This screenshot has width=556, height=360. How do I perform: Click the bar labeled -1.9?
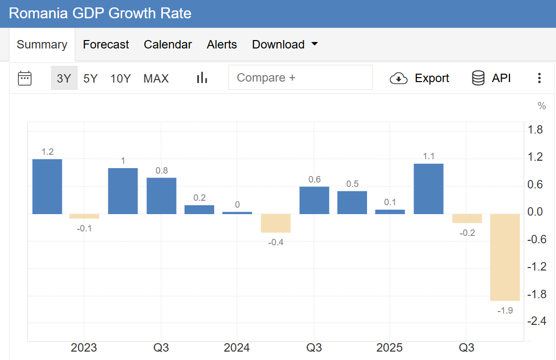tap(505, 257)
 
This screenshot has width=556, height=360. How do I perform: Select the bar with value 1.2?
tap(47, 186)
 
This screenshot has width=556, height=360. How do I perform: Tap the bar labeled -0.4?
tap(276, 223)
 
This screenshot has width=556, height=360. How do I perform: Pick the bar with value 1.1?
tap(428, 189)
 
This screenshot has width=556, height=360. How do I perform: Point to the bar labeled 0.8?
tap(161, 196)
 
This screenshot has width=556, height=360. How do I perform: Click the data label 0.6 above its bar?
tap(315, 180)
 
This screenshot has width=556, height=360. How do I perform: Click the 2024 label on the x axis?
tap(237, 347)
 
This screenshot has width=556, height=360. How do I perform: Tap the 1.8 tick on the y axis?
tap(536, 130)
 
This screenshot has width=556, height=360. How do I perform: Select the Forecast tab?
tap(106, 45)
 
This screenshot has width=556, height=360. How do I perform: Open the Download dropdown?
tap(284, 45)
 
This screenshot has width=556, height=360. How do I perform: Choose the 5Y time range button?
tap(91, 78)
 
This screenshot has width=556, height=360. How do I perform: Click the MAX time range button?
tap(156, 78)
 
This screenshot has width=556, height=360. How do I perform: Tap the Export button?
tap(419, 78)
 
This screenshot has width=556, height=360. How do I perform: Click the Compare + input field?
tap(300, 78)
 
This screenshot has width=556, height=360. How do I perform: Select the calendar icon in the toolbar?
tap(25, 78)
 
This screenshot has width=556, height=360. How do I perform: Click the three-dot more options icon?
tap(539, 78)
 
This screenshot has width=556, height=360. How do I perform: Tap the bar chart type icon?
tap(202, 78)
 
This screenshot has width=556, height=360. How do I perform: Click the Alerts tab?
tap(222, 45)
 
